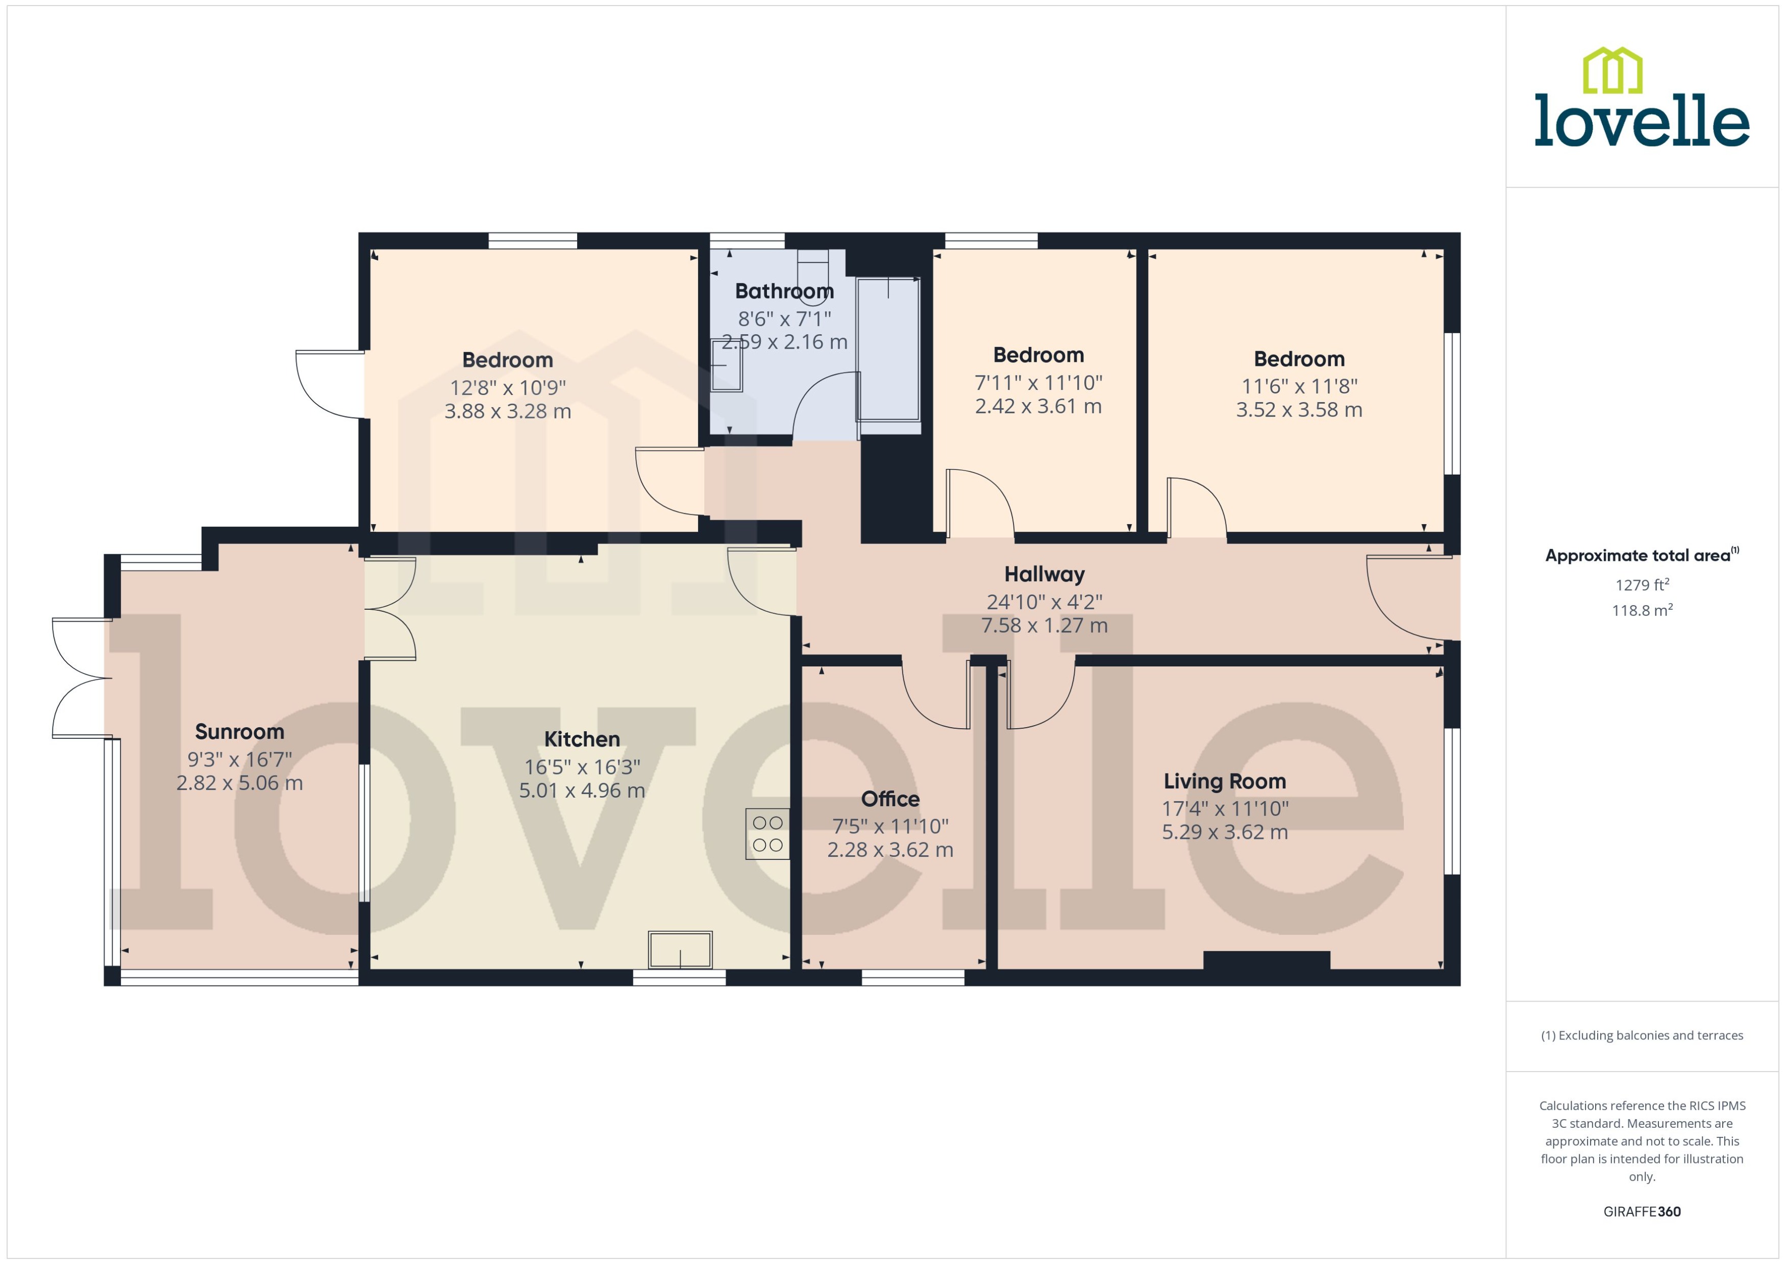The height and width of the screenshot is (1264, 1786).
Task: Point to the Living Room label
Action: coord(1224,781)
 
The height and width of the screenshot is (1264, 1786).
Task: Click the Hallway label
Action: coord(1044,575)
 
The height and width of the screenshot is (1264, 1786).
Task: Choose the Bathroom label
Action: coord(784,291)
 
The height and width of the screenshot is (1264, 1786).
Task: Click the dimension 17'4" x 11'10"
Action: coord(1224,809)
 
